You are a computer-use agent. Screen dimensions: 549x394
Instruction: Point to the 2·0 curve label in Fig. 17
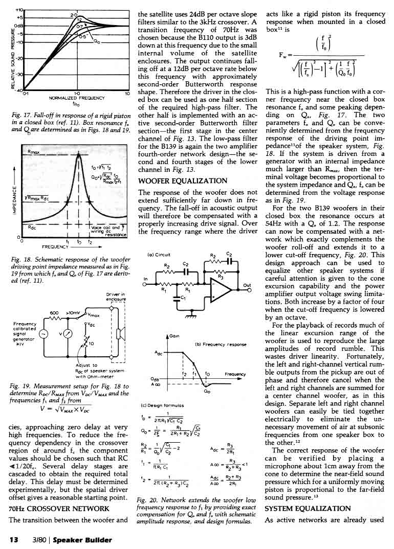pos(73,16)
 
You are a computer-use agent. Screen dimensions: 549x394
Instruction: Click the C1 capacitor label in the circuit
pos(183,298)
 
